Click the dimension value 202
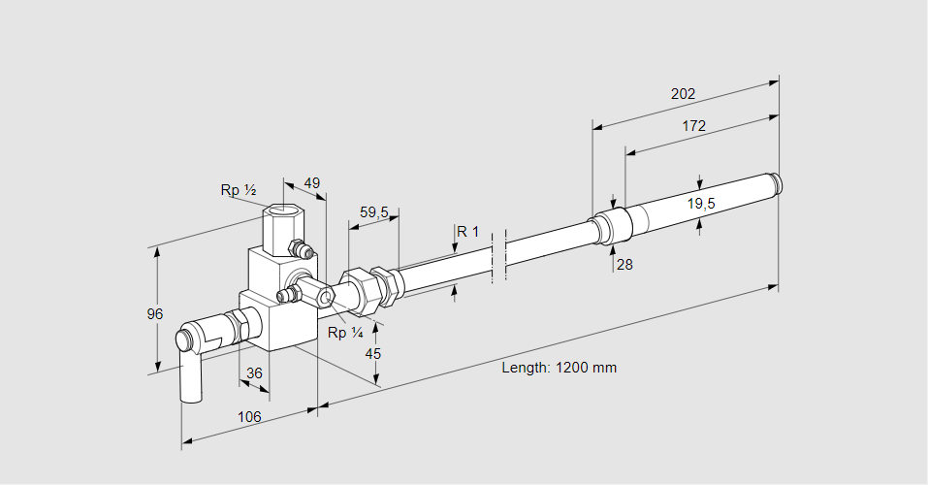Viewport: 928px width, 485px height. [683, 94]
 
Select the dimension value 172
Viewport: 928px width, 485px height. [693, 125]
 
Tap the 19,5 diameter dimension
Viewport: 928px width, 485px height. [700, 204]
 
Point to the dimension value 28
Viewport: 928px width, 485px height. [624, 264]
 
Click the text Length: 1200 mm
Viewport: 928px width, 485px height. [559, 368]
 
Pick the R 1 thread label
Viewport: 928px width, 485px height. [468, 231]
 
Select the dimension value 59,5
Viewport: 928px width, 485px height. [373, 211]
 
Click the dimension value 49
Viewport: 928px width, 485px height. [311, 182]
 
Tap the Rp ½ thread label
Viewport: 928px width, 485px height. [238, 190]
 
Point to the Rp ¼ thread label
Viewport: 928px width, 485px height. [344, 333]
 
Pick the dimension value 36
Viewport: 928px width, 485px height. [254, 372]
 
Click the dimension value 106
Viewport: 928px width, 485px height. [248, 417]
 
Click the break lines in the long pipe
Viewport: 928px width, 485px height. [498, 257]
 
